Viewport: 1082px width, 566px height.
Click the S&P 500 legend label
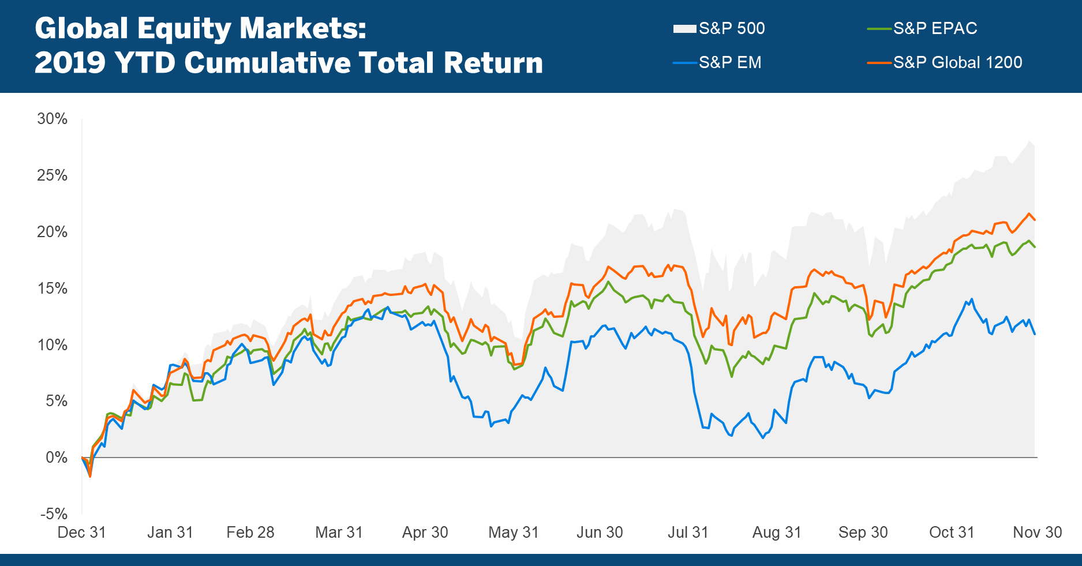point(731,28)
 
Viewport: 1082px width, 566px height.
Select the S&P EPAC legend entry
point(935,28)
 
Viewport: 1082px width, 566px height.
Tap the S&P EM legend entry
point(730,62)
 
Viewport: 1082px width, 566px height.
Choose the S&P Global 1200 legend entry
point(957,62)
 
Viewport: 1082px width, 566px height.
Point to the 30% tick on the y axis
point(53,119)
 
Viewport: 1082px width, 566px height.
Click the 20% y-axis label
point(53,232)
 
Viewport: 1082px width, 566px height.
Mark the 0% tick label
point(57,458)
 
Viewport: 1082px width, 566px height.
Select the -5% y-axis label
point(54,513)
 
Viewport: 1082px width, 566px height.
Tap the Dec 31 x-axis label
point(82,532)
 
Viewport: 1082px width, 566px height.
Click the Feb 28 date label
point(250,532)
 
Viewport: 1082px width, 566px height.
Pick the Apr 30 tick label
point(425,532)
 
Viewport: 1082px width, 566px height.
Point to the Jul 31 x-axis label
point(688,532)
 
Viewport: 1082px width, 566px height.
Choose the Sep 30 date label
point(863,532)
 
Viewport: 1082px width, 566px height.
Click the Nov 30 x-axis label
point(1038,532)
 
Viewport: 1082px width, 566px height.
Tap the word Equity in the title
point(185,29)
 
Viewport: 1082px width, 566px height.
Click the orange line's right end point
point(1035,220)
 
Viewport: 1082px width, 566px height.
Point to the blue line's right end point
point(1035,334)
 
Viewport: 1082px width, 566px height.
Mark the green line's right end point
point(1035,247)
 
